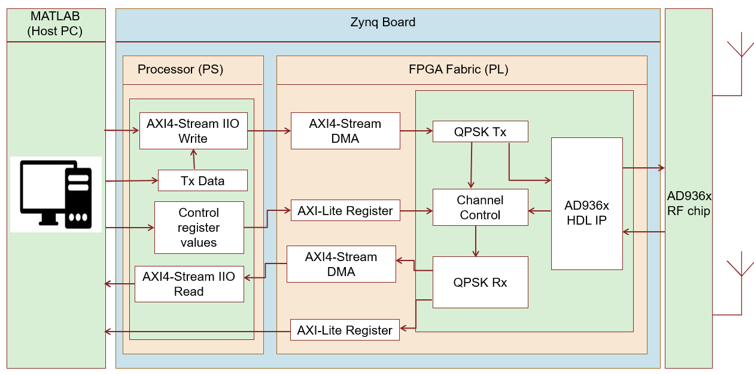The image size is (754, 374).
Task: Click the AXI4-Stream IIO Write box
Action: pos(193,131)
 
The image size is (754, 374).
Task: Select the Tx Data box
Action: pos(202,180)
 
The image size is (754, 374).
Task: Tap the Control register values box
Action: pos(199,228)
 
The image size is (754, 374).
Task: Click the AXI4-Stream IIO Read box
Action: pos(188,284)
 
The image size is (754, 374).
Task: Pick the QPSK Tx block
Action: pos(480,131)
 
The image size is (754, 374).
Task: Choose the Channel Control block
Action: pos(480,207)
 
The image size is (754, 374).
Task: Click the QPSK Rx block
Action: pos(480,282)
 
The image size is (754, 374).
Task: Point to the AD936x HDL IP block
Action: pos(586,204)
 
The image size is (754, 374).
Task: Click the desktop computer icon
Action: pos(56,194)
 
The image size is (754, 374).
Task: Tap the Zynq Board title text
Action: pos(382,23)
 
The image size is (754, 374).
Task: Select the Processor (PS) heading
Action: pos(180,69)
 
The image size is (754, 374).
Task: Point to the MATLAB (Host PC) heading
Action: pos(55,24)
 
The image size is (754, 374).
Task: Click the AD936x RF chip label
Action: pos(689,203)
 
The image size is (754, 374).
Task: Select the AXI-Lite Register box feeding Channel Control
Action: pos(345,210)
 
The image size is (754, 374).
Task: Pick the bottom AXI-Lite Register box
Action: pos(345,330)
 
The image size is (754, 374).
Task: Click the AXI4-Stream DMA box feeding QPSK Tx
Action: pos(345,131)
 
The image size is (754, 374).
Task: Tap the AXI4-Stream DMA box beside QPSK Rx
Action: pos(340,264)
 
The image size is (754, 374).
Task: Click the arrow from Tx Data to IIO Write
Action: pos(193,160)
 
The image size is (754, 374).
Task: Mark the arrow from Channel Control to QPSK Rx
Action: pos(476,241)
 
